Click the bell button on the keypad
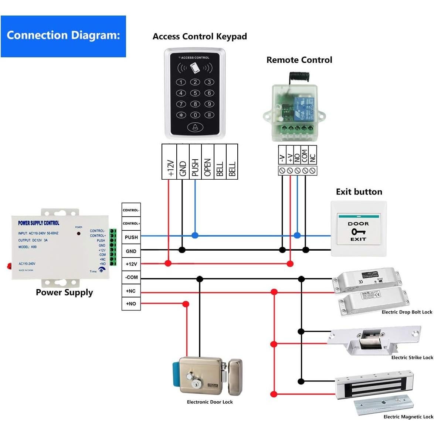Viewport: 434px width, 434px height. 195,127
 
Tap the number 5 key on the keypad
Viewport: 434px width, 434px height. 195,93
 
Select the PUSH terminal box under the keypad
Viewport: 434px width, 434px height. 195,162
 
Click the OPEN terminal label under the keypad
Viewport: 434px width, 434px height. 207,167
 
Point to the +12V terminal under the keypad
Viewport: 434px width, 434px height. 170,167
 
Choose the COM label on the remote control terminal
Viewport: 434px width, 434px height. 305,156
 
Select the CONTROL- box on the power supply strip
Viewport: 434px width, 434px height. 131,210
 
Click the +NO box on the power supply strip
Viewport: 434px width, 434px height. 131,304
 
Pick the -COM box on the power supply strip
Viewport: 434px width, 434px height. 131,277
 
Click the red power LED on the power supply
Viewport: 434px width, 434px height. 78,233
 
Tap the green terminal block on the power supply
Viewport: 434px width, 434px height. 113,247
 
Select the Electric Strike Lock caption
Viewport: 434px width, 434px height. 412,357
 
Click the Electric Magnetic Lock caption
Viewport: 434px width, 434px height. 408,417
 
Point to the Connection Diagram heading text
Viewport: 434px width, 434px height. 63,35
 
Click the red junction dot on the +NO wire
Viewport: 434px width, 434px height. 186,304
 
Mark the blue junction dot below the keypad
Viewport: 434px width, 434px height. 195,235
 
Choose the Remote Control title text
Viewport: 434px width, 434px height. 299,60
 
